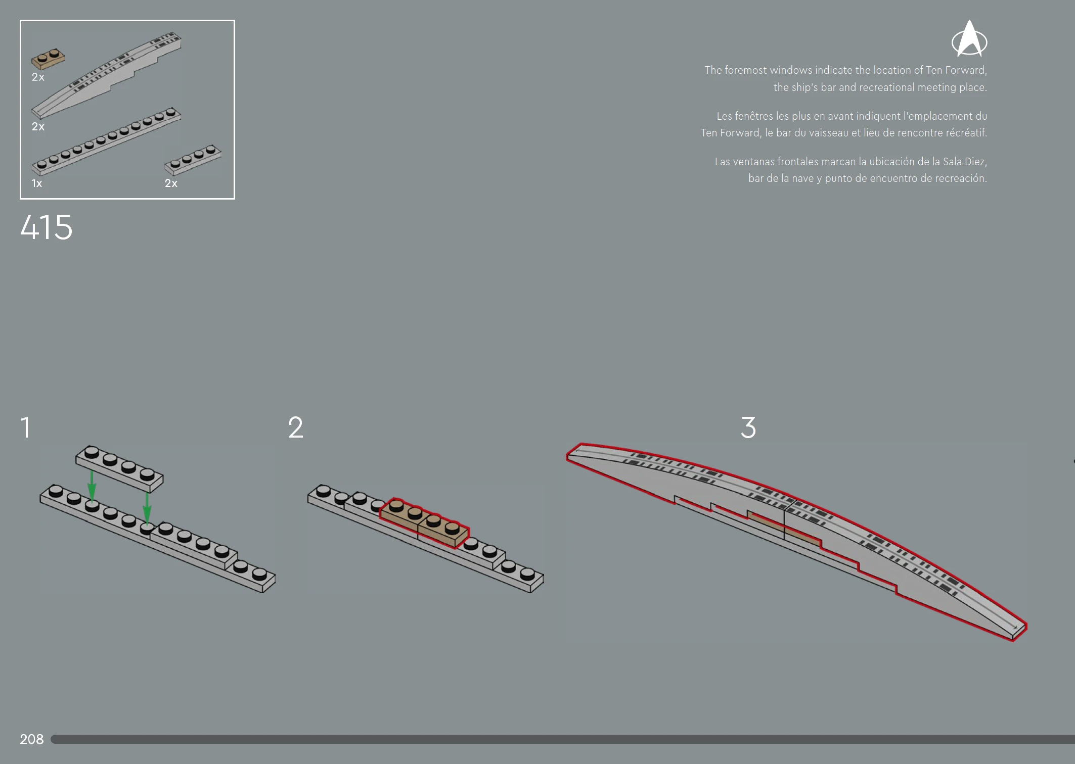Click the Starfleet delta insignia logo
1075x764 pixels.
pyautogui.click(x=969, y=39)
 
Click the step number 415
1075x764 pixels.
pyautogui.click(x=47, y=227)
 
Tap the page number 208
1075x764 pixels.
pyautogui.click(x=32, y=739)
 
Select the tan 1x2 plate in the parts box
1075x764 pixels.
pyautogui.click(x=48, y=59)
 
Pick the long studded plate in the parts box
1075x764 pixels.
pyautogui.click(x=106, y=141)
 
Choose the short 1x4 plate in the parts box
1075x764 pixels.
pyautogui.click(x=193, y=160)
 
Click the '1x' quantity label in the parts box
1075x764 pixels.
pyautogui.click(x=37, y=183)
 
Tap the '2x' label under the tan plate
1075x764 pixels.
pyautogui.click(x=38, y=77)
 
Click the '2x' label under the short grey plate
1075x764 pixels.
pyautogui.click(x=171, y=183)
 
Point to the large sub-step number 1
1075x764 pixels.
pyautogui.click(x=25, y=427)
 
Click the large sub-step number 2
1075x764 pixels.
pyautogui.click(x=296, y=427)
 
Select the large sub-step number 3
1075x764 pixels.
pyautogui.click(x=748, y=427)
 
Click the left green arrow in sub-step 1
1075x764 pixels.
pyautogui.click(x=92, y=486)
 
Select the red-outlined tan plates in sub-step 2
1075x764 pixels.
pyautogui.click(x=424, y=523)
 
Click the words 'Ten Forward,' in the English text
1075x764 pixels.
pyautogui.click(x=956, y=70)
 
